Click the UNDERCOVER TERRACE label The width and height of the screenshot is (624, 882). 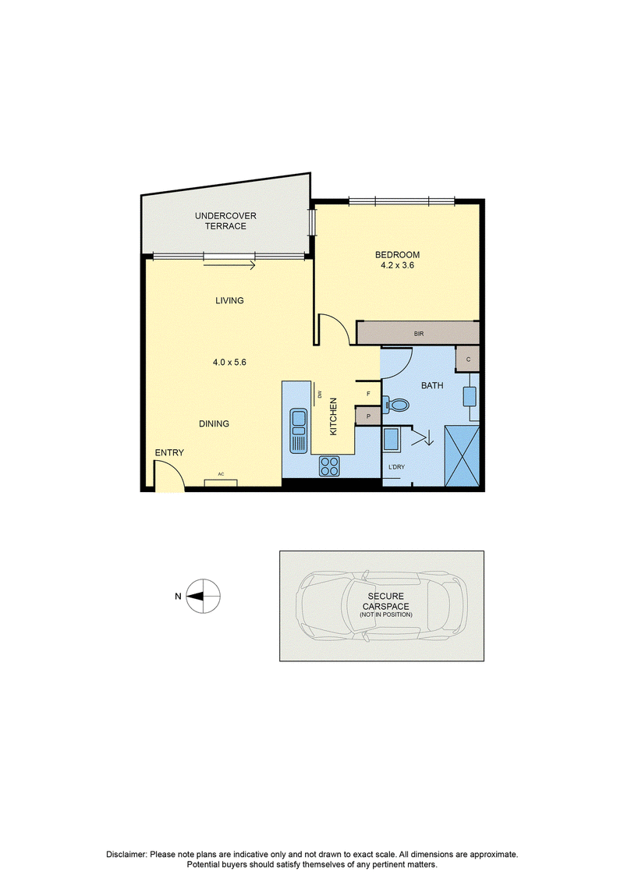(x=225, y=221)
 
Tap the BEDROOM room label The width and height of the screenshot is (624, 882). (x=397, y=255)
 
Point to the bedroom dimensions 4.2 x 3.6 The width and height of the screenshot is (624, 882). (x=397, y=265)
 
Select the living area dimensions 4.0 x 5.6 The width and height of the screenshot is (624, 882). (x=229, y=363)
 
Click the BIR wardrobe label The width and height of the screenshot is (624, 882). (x=419, y=334)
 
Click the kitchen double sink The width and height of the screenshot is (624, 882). (x=298, y=431)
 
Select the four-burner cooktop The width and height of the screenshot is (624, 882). (x=329, y=466)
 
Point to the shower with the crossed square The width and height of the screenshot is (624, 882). (x=462, y=455)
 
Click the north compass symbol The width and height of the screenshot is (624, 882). (x=203, y=597)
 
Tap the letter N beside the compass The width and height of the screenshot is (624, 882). (x=178, y=597)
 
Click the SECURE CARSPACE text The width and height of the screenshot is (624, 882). (x=386, y=601)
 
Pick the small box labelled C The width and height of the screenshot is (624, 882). (x=467, y=359)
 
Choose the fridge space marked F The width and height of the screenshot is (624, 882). (x=368, y=394)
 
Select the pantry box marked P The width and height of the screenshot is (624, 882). (x=368, y=416)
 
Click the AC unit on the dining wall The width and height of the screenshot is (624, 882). (x=221, y=482)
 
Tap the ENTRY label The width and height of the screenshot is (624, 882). (x=169, y=453)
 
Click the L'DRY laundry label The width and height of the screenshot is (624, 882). (x=397, y=467)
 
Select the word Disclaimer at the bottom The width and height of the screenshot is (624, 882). (x=126, y=855)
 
